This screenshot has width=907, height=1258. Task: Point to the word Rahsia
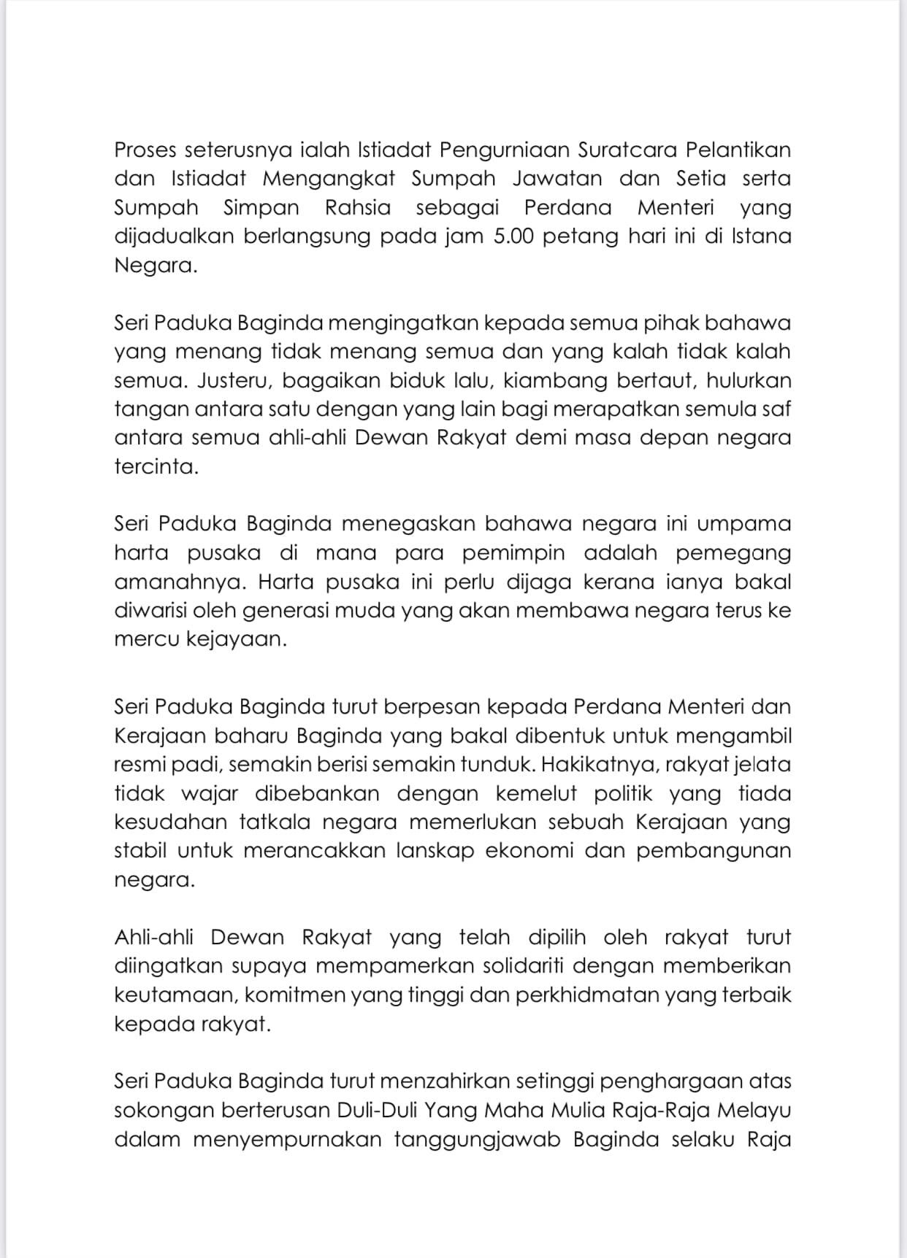tap(358, 208)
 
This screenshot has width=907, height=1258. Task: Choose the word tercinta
tap(156, 467)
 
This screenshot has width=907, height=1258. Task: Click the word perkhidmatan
tap(594, 995)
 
